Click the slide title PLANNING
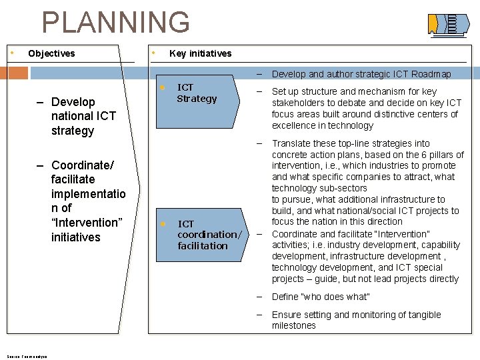point(115,22)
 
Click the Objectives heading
point(51,53)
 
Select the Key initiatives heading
point(201,53)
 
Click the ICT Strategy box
point(197,93)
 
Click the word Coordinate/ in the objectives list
point(83,165)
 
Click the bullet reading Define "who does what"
point(321,297)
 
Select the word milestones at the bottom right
point(294,326)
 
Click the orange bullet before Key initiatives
point(153,52)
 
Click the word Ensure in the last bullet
point(287,315)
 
